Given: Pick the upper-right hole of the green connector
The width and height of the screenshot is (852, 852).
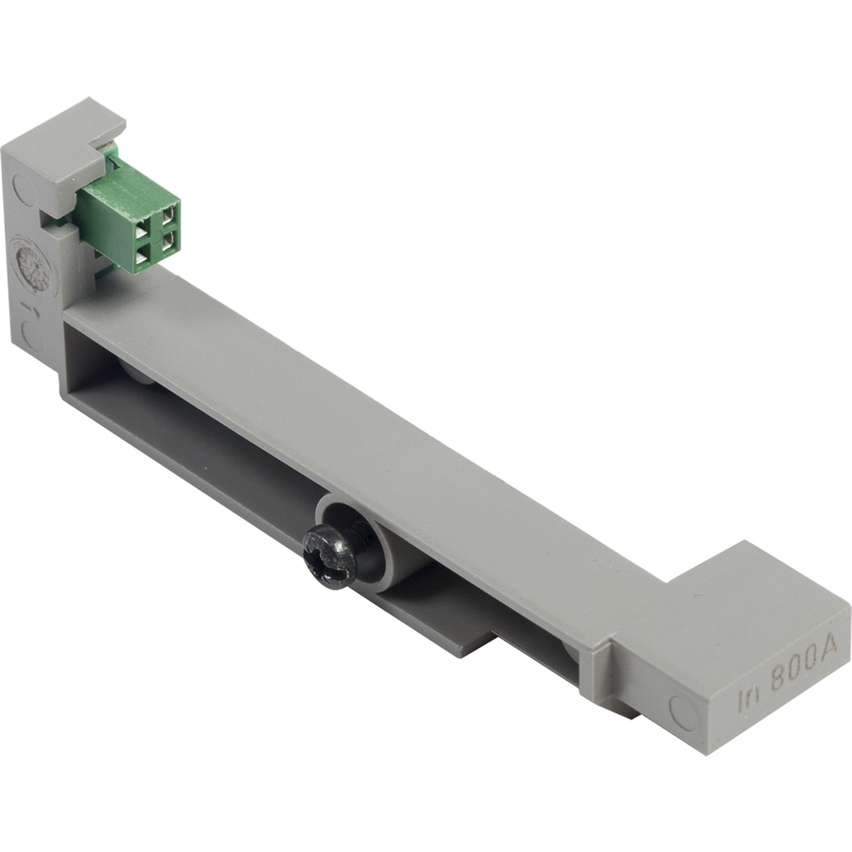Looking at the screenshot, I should point(169,214).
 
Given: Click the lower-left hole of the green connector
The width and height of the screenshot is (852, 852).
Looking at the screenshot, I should point(142,257).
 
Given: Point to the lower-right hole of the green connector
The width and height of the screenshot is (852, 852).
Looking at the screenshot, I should point(169,240).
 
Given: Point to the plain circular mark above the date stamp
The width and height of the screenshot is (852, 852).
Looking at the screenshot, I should point(24,193).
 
